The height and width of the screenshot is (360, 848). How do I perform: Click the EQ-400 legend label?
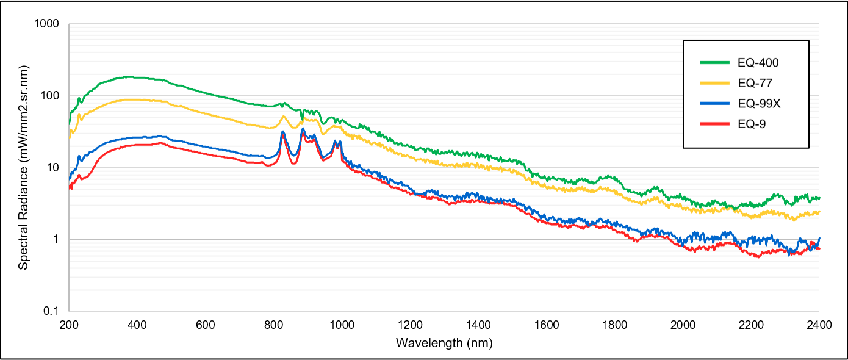coord(758,62)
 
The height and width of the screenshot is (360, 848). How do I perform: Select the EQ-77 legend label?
coord(754,82)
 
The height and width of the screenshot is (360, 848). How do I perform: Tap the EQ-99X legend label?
coord(758,103)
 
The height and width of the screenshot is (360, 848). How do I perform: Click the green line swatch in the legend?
coord(715,62)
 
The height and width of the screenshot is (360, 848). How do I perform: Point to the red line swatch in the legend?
coord(715,124)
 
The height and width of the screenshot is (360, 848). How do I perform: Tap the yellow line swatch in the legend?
coord(715,82)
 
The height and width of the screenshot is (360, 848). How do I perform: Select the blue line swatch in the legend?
coord(715,103)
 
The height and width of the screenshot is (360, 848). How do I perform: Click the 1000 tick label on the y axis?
coord(47,24)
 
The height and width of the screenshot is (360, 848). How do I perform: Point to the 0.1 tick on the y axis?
coord(51,311)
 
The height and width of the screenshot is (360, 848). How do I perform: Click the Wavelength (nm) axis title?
coord(444,343)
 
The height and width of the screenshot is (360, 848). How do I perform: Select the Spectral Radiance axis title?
coord(23,168)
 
